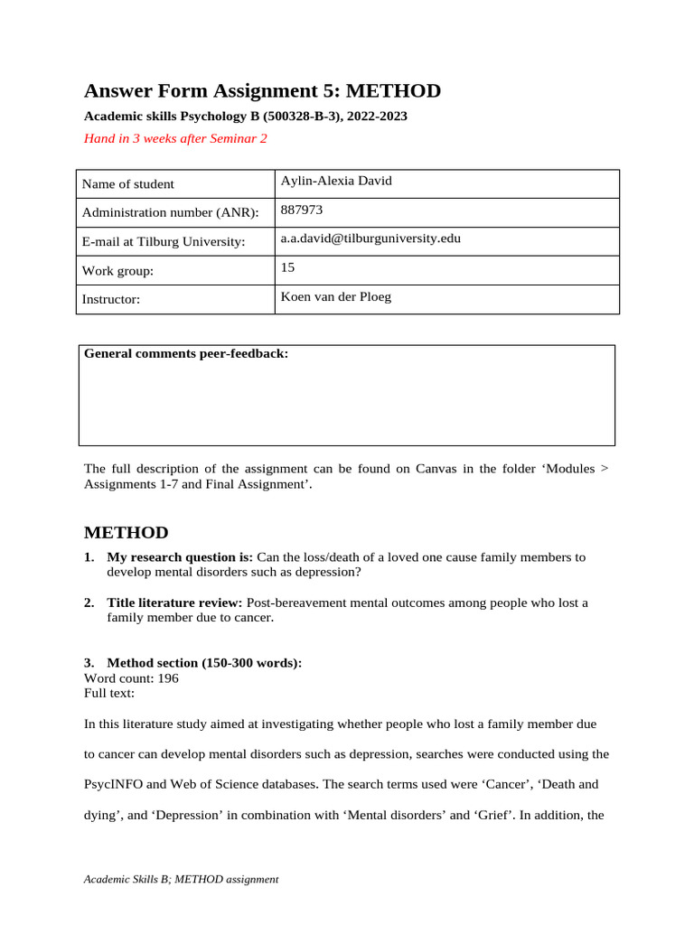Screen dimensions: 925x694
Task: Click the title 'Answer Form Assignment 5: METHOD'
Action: (x=262, y=91)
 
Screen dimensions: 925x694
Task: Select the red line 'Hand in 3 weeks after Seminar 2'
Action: (x=175, y=138)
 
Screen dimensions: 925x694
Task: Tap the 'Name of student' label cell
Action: (x=128, y=184)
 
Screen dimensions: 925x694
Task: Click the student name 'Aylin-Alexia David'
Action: (x=336, y=181)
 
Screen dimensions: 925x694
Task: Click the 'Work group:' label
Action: (x=117, y=271)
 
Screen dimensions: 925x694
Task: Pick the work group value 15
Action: (x=288, y=267)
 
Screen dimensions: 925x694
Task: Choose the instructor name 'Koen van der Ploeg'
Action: (x=336, y=296)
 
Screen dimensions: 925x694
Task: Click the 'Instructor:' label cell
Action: (x=111, y=300)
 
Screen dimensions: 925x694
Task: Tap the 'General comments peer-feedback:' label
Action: (x=186, y=353)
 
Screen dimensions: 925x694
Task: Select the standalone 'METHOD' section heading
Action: (x=126, y=533)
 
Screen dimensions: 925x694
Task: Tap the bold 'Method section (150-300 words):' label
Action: (x=204, y=663)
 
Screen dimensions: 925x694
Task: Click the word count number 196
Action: (x=168, y=677)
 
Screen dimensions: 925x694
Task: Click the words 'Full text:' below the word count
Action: (x=109, y=693)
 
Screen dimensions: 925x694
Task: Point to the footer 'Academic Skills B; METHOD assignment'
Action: (x=181, y=879)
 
